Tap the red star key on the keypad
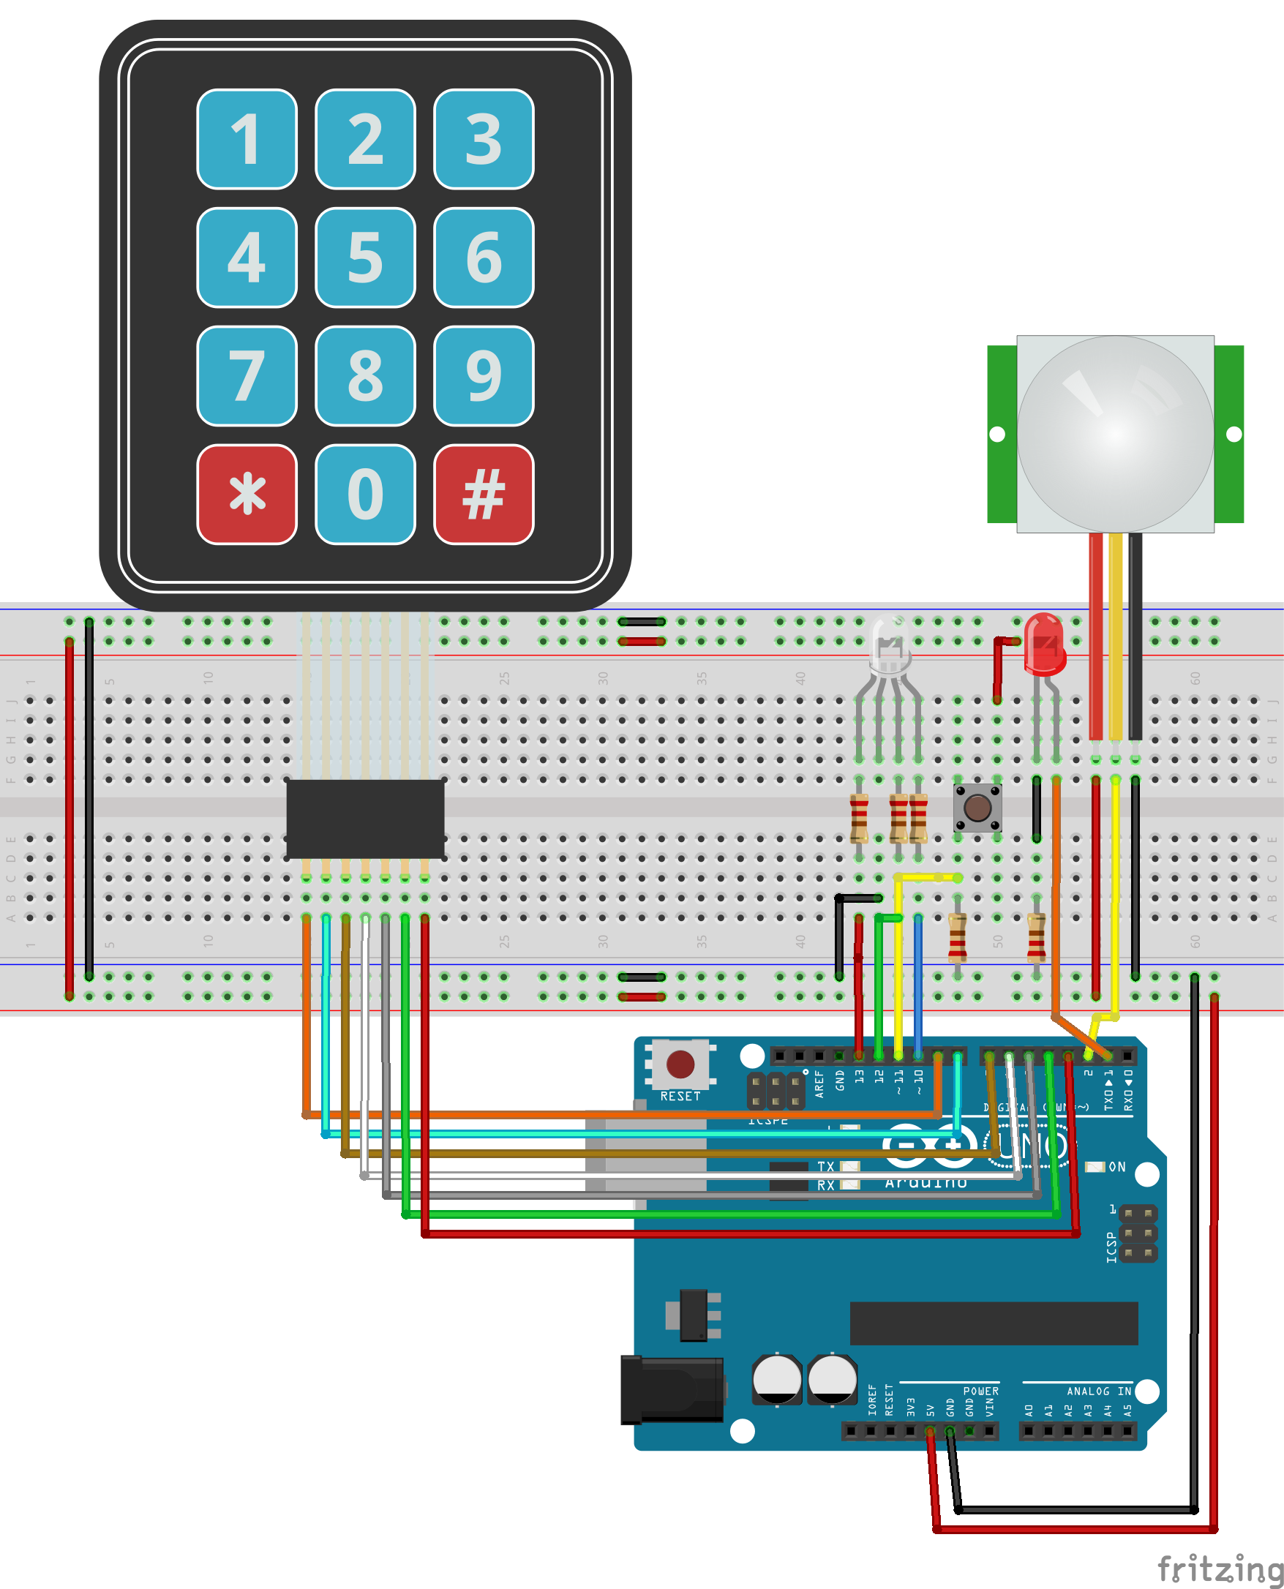click(247, 494)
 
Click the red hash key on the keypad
click(484, 494)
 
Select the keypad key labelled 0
click(365, 494)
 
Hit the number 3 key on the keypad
click(484, 139)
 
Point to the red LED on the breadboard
click(1044, 643)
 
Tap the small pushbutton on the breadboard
click(977, 808)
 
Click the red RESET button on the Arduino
click(680, 1064)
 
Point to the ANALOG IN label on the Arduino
click(1098, 1391)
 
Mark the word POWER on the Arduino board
click(981, 1391)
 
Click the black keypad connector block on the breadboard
click(365, 819)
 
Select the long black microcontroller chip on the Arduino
click(994, 1323)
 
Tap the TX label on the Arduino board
click(825, 1166)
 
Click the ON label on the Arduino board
click(1117, 1167)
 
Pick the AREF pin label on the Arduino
click(819, 1083)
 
